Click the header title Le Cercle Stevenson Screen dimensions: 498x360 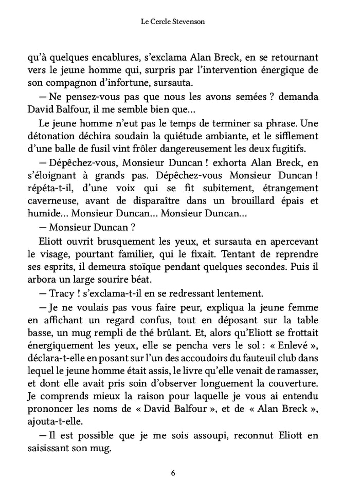pos(179,22)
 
